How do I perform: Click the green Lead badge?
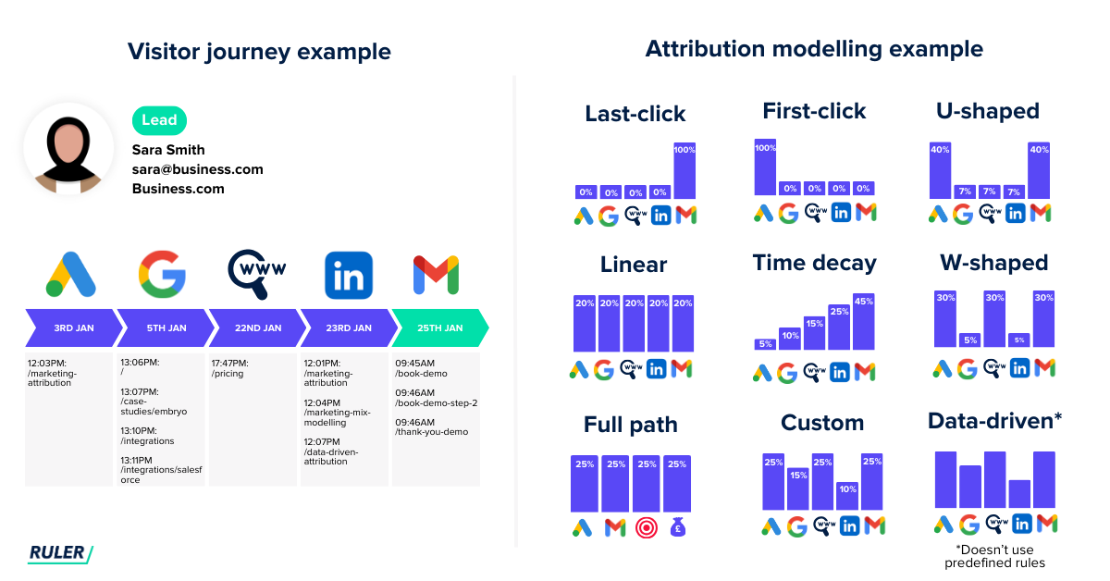159,121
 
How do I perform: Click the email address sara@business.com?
197,169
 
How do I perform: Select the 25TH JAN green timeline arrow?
439,328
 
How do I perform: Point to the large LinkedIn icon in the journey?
349,275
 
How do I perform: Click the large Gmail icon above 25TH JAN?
436,275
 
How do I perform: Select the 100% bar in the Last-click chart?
684,170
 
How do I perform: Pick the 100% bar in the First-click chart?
765,167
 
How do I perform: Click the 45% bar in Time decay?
864,321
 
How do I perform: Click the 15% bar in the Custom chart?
797,488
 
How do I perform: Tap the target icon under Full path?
645,527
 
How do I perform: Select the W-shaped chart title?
993,263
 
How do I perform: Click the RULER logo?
61,553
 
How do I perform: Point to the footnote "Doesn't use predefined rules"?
994,557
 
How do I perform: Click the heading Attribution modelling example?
814,49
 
